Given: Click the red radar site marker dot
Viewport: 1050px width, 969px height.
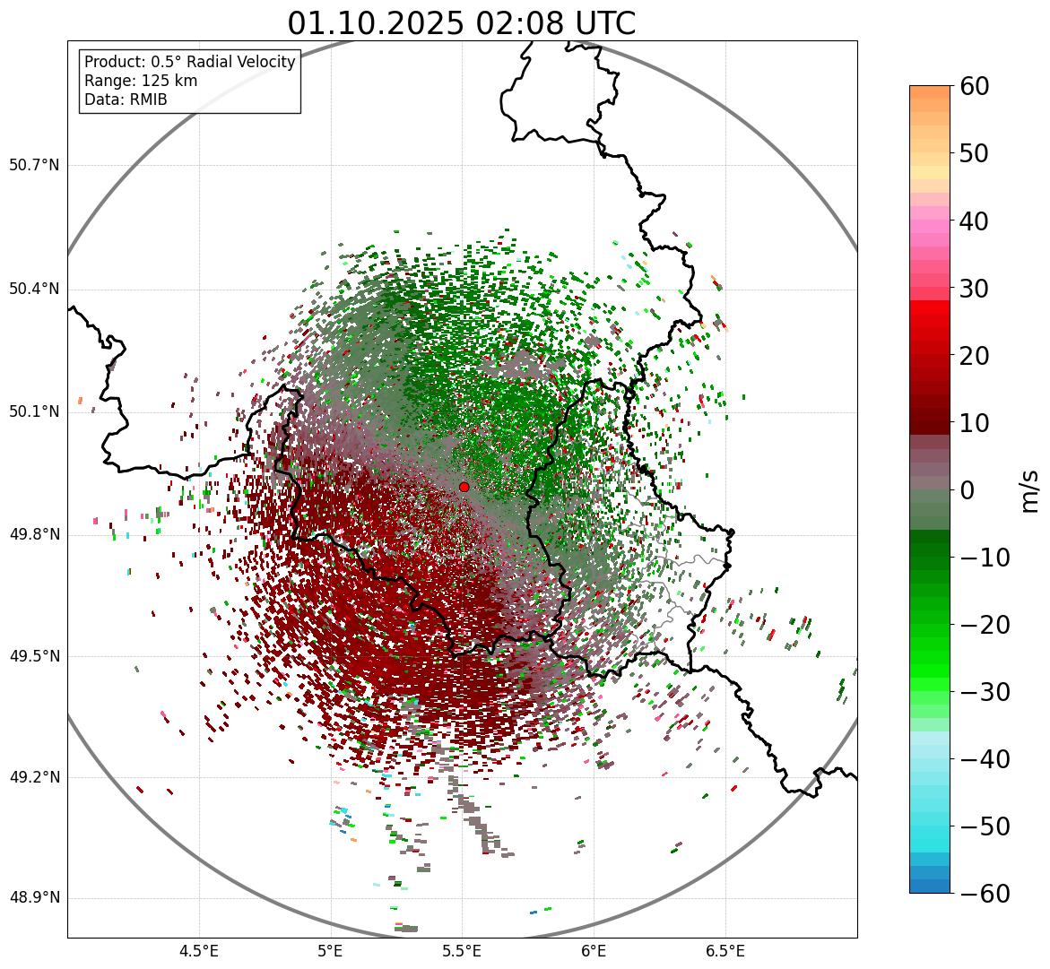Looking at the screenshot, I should click(464, 487).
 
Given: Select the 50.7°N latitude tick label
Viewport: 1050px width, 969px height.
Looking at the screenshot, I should click(34, 165).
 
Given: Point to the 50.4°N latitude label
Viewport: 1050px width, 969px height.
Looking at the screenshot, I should click(34, 289).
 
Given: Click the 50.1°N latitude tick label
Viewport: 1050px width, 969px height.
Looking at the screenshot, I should click(34, 411).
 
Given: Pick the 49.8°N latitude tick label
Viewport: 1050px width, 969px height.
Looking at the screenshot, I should click(34, 534).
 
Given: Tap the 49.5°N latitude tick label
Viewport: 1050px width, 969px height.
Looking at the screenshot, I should click(34, 656).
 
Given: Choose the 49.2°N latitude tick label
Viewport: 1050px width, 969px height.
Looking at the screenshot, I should click(34, 777).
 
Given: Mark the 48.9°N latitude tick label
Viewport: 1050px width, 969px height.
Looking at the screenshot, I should click(34, 898).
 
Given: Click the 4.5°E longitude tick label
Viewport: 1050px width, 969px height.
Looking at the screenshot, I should click(199, 951).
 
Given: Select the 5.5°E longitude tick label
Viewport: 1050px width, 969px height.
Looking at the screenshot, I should click(462, 951).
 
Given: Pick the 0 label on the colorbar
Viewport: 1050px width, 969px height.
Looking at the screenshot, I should click(968, 490).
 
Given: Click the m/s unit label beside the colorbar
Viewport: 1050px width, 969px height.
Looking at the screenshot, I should click(1029, 490).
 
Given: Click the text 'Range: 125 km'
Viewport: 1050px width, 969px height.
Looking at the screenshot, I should click(141, 81).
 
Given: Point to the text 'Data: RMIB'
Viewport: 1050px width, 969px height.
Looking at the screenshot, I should click(126, 99).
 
